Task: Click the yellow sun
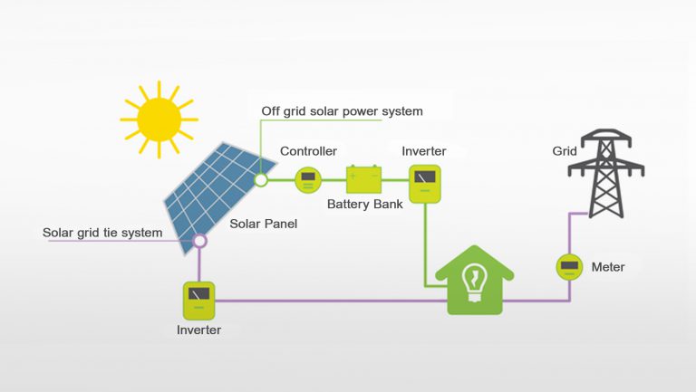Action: pos(159,116)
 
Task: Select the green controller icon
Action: pos(308,179)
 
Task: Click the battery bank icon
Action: pos(364,179)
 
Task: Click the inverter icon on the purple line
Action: pos(198,300)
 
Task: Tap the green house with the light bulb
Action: pos(475,281)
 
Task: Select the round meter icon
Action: pos(568,267)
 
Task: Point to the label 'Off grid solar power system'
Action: pos(342,111)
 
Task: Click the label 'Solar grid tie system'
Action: pos(102,233)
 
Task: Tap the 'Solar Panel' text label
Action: pos(264,224)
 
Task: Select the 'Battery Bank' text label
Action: pos(364,205)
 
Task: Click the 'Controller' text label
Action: pos(308,151)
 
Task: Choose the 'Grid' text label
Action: pos(565,151)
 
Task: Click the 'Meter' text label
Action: pos(607,267)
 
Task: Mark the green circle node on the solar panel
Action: pos(261,180)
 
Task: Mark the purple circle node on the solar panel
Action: pos(200,242)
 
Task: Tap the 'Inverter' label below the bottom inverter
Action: pos(198,330)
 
